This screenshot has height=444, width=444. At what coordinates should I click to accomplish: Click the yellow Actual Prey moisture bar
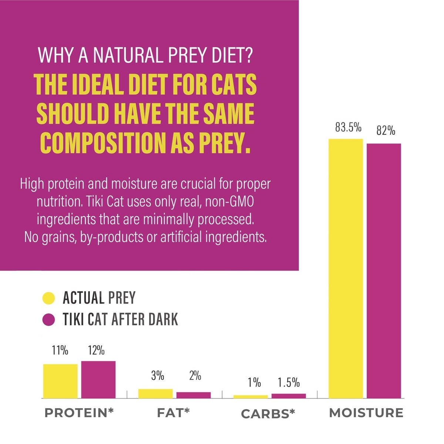click(x=346, y=268)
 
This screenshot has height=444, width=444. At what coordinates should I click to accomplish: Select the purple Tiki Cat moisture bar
click(x=384, y=270)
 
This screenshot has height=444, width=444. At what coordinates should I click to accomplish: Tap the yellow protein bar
click(x=60, y=381)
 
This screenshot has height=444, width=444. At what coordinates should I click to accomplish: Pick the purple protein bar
click(x=98, y=379)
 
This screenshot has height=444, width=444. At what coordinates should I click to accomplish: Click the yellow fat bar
click(x=155, y=393)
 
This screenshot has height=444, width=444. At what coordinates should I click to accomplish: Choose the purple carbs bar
click(x=289, y=396)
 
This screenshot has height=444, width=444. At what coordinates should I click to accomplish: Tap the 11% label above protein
click(x=60, y=350)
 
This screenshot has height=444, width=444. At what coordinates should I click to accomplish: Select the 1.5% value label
click(x=289, y=382)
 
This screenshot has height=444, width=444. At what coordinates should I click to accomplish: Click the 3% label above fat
click(x=158, y=376)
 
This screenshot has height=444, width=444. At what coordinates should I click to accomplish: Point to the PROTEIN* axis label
click(x=79, y=413)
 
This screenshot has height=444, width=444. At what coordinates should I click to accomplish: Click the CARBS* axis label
click(x=268, y=414)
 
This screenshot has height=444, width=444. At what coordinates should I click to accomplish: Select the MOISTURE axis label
click(x=366, y=413)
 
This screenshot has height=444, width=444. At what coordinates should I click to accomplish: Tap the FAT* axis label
click(x=173, y=413)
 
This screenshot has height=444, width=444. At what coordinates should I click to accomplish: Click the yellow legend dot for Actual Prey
click(x=48, y=298)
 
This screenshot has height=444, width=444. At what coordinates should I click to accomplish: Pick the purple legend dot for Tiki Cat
click(x=48, y=320)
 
